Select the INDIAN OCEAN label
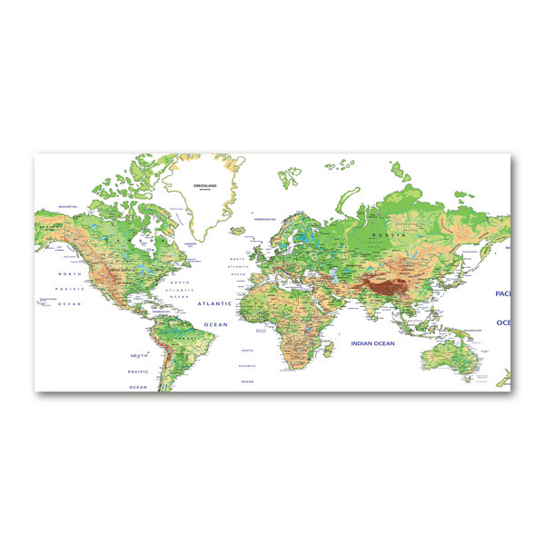372,343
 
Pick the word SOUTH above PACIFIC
139,355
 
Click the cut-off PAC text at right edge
502,294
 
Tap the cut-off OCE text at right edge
503,322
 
